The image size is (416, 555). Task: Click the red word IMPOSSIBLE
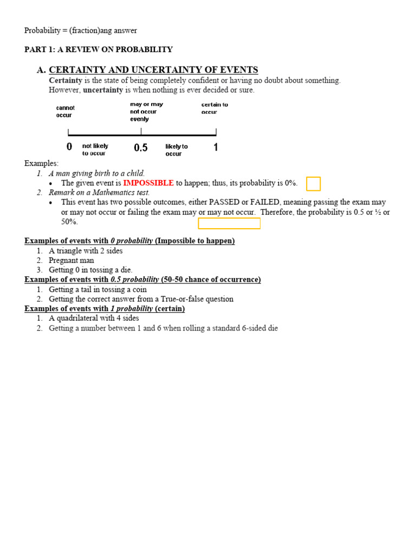(148, 183)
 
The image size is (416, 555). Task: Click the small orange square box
(313, 184)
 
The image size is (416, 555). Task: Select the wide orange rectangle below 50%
(229, 223)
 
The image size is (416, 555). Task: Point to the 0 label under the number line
(69, 147)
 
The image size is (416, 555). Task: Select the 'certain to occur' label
(214, 108)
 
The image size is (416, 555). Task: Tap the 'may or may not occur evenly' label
(146, 112)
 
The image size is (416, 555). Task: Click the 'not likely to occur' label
(95, 150)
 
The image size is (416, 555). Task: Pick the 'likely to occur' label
(177, 150)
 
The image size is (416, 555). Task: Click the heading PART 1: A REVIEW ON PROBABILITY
(99, 49)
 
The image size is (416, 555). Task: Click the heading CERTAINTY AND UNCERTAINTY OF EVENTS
(153, 70)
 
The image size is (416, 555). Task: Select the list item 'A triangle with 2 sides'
(86, 251)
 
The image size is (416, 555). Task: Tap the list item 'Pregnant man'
(71, 260)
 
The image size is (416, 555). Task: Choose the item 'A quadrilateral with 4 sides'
(94, 318)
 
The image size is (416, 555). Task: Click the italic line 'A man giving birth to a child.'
(96, 173)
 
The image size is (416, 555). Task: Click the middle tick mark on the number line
(141, 132)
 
